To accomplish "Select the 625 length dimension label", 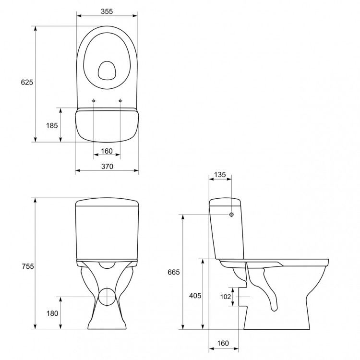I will click(x=27, y=83).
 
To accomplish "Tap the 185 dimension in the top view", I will click(x=52, y=125).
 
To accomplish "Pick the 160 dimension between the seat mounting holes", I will click(x=107, y=151).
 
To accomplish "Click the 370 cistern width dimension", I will click(x=107, y=167).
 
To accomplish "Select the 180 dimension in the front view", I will click(x=52, y=313).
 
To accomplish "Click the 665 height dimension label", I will click(x=174, y=272).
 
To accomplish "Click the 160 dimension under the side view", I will click(x=222, y=343).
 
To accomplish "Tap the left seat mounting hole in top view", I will click(x=94, y=101).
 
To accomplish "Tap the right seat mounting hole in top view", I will click(x=120, y=101).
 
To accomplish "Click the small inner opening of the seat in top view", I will click(x=107, y=71).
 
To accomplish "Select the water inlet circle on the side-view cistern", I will click(x=232, y=215).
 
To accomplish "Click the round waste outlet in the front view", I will click(x=107, y=297).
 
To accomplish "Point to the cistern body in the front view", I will click(x=107, y=230).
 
